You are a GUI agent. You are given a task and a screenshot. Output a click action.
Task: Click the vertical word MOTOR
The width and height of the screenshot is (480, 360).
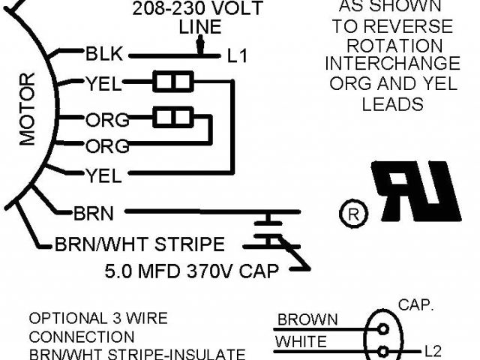coord(27,108)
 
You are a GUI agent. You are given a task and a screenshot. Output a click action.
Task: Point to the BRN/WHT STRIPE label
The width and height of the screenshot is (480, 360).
coord(139,244)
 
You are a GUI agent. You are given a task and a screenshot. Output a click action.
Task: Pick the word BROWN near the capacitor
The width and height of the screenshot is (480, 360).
coord(307,320)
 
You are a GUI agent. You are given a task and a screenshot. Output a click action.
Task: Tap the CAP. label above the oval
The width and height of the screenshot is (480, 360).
coord(415,305)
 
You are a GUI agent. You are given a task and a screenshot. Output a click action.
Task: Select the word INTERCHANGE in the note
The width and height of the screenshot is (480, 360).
coord(393,64)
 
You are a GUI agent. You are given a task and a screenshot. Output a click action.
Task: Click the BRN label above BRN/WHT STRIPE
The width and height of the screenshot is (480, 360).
coord(94,213)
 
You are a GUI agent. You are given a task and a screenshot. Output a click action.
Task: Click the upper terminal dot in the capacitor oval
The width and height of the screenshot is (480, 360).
coord(383,328)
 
